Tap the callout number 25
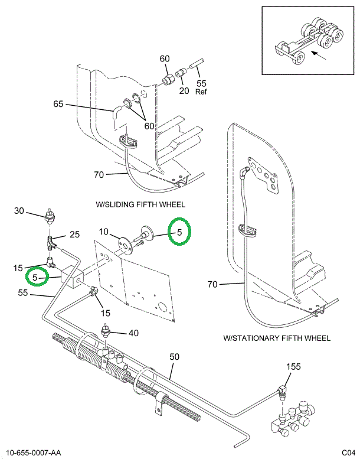point(74,235)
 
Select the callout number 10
point(104,232)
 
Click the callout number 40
point(133,333)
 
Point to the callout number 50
point(174,356)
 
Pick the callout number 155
point(294,367)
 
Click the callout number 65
point(58,104)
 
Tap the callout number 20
point(184,90)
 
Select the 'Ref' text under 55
point(202,92)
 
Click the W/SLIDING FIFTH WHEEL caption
point(140,204)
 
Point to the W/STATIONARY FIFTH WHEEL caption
point(277,338)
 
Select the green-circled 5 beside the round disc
point(179,232)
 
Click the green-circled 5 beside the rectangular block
point(36,276)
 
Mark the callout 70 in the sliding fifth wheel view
point(99,174)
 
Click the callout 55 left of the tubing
point(24,292)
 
